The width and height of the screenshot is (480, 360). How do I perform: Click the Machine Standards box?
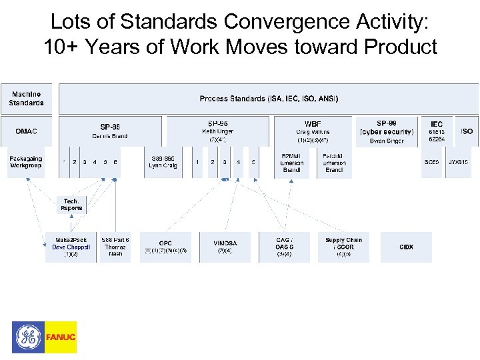click(27, 99)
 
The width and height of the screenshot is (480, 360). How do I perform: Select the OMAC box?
click(27, 131)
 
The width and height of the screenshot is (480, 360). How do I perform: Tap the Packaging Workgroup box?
click(27, 162)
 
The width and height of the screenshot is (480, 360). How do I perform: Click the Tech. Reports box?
click(71, 205)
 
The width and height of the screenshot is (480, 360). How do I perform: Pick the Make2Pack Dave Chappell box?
click(71, 247)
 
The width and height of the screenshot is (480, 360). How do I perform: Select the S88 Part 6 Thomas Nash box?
click(115, 247)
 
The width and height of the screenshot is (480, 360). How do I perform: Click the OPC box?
click(165, 247)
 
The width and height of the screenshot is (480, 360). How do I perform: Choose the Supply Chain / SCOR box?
click(343, 247)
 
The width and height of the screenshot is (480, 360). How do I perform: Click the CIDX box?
click(406, 247)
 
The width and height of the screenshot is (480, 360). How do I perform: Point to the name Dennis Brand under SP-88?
click(109, 136)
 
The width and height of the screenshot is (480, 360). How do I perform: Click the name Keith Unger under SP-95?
click(217, 131)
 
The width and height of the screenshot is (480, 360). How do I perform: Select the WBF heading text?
click(313, 123)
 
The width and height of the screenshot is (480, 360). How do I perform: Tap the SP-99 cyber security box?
click(387, 131)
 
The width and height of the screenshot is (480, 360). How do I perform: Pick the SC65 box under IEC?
click(432, 162)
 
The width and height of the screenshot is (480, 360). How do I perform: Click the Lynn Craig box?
click(163, 162)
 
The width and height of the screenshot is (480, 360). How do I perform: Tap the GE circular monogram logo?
click(28, 337)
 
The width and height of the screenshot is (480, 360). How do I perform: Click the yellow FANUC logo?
click(61, 337)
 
